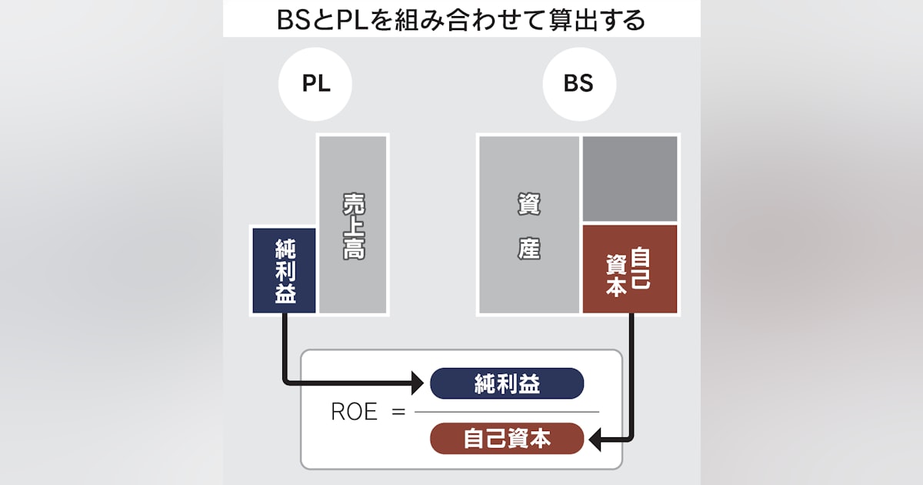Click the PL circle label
tap(315, 84)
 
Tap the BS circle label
tap(578, 84)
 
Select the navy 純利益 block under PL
tap(285, 270)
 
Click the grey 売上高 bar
tap(353, 224)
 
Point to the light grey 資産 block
tap(528, 224)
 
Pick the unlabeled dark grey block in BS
tap(630, 179)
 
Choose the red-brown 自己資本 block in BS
tap(630, 269)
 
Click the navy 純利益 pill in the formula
tap(507, 383)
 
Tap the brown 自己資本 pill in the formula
tap(507, 439)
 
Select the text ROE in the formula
tap(354, 412)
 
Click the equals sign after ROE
tap(398, 412)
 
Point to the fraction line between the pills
tap(507, 412)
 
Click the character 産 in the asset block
tap(528, 249)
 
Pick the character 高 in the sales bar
tap(353, 248)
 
